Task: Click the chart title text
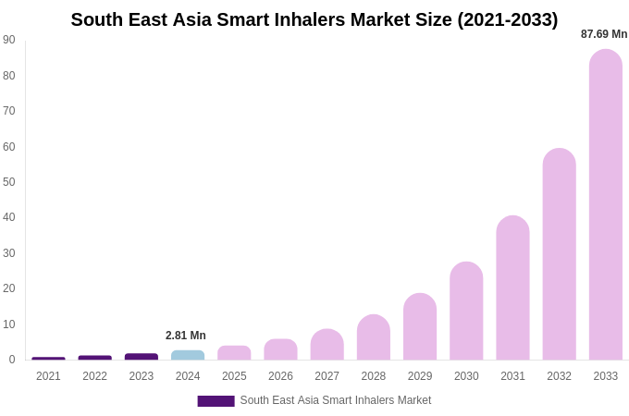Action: (x=314, y=19)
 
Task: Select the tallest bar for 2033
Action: (x=605, y=204)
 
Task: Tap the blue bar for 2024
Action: (x=188, y=355)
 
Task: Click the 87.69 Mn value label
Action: (x=604, y=34)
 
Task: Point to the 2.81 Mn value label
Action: (x=186, y=336)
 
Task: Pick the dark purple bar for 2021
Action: (x=48, y=359)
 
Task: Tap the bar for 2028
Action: (x=374, y=337)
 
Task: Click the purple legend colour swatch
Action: (x=216, y=401)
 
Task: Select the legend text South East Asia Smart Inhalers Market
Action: (x=336, y=400)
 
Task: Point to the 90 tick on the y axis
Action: (x=9, y=40)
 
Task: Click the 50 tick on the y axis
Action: (x=9, y=182)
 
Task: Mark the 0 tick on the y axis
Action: (x=12, y=360)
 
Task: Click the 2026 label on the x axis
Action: (x=280, y=376)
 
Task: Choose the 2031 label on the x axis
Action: (x=512, y=376)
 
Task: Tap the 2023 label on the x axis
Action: (x=142, y=376)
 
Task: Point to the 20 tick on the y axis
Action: (x=9, y=288)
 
